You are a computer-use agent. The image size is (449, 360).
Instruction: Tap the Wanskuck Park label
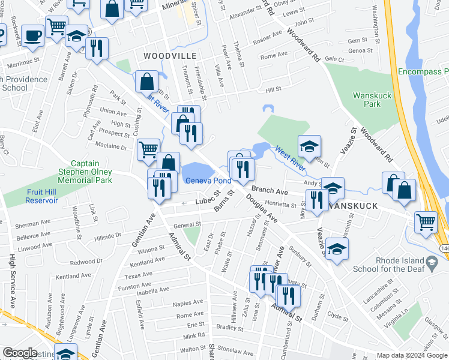coord(367,99)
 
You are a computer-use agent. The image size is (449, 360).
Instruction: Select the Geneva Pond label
coord(208,181)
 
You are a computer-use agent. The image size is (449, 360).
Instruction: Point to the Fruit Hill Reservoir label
coord(33,196)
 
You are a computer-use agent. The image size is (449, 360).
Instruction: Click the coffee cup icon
coord(32,35)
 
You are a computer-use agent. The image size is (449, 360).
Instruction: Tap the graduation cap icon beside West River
coord(309,146)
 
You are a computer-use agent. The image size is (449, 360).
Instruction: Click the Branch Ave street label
coord(271,191)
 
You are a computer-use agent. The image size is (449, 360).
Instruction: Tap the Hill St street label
coord(273,89)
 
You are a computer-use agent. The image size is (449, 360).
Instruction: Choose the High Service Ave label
coord(11,282)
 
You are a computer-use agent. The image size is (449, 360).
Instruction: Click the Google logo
coord(20,353)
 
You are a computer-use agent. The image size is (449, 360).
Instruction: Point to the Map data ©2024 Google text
coord(412,355)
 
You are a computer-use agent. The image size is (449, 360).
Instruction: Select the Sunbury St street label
coord(300,255)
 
